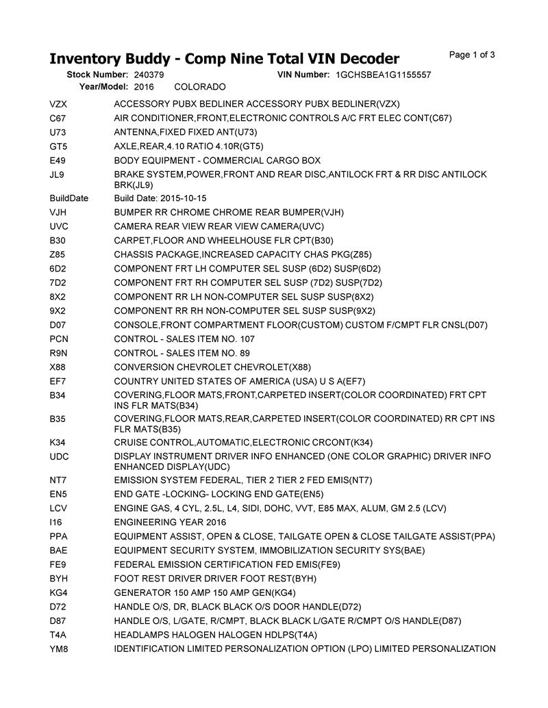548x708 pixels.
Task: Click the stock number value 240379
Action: click(x=149, y=75)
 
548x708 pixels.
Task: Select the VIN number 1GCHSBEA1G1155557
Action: click(x=384, y=75)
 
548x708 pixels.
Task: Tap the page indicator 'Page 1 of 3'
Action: click(x=472, y=55)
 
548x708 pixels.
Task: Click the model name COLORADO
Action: click(x=200, y=88)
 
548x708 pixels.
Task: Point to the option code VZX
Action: click(x=58, y=105)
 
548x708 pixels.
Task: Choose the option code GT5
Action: click(x=58, y=146)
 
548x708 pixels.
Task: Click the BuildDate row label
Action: click(x=69, y=198)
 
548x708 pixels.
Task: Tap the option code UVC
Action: click(x=59, y=226)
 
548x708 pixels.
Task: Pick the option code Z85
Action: click(x=58, y=254)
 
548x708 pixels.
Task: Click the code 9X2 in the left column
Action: click(x=58, y=311)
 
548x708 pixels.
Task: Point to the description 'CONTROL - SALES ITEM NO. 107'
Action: click(x=184, y=339)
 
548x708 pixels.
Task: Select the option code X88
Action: click(x=58, y=367)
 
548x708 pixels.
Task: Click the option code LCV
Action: click(x=58, y=508)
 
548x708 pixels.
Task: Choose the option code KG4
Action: click(x=58, y=592)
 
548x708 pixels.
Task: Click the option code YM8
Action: click(x=59, y=649)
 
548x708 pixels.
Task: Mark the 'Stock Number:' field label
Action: click(x=97, y=75)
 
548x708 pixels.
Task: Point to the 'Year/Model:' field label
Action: click(x=103, y=88)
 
